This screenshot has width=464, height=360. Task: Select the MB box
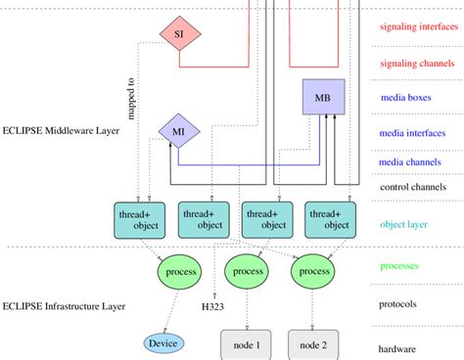coord(322,98)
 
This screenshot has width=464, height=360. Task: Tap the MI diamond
coord(179,131)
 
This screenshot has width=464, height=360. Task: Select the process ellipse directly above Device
coord(181,270)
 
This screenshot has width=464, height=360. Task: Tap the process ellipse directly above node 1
coord(248,270)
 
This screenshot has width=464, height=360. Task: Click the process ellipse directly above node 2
coord(316,270)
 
